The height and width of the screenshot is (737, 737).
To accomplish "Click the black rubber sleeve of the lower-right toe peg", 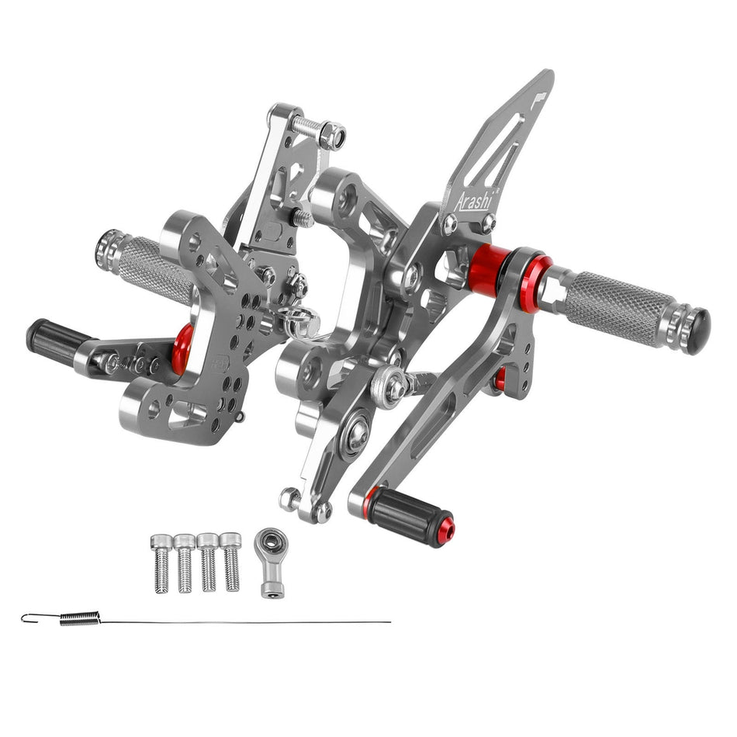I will click(408, 515).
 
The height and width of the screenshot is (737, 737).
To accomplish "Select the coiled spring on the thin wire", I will click(80, 618).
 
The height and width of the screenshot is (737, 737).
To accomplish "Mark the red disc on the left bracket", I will click(183, 348).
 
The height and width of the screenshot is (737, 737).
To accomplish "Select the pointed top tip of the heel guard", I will click(548, 75).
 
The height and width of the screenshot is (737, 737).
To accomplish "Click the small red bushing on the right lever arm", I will click(500, 379).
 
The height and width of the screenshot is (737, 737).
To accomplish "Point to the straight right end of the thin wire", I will click(389, 622).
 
